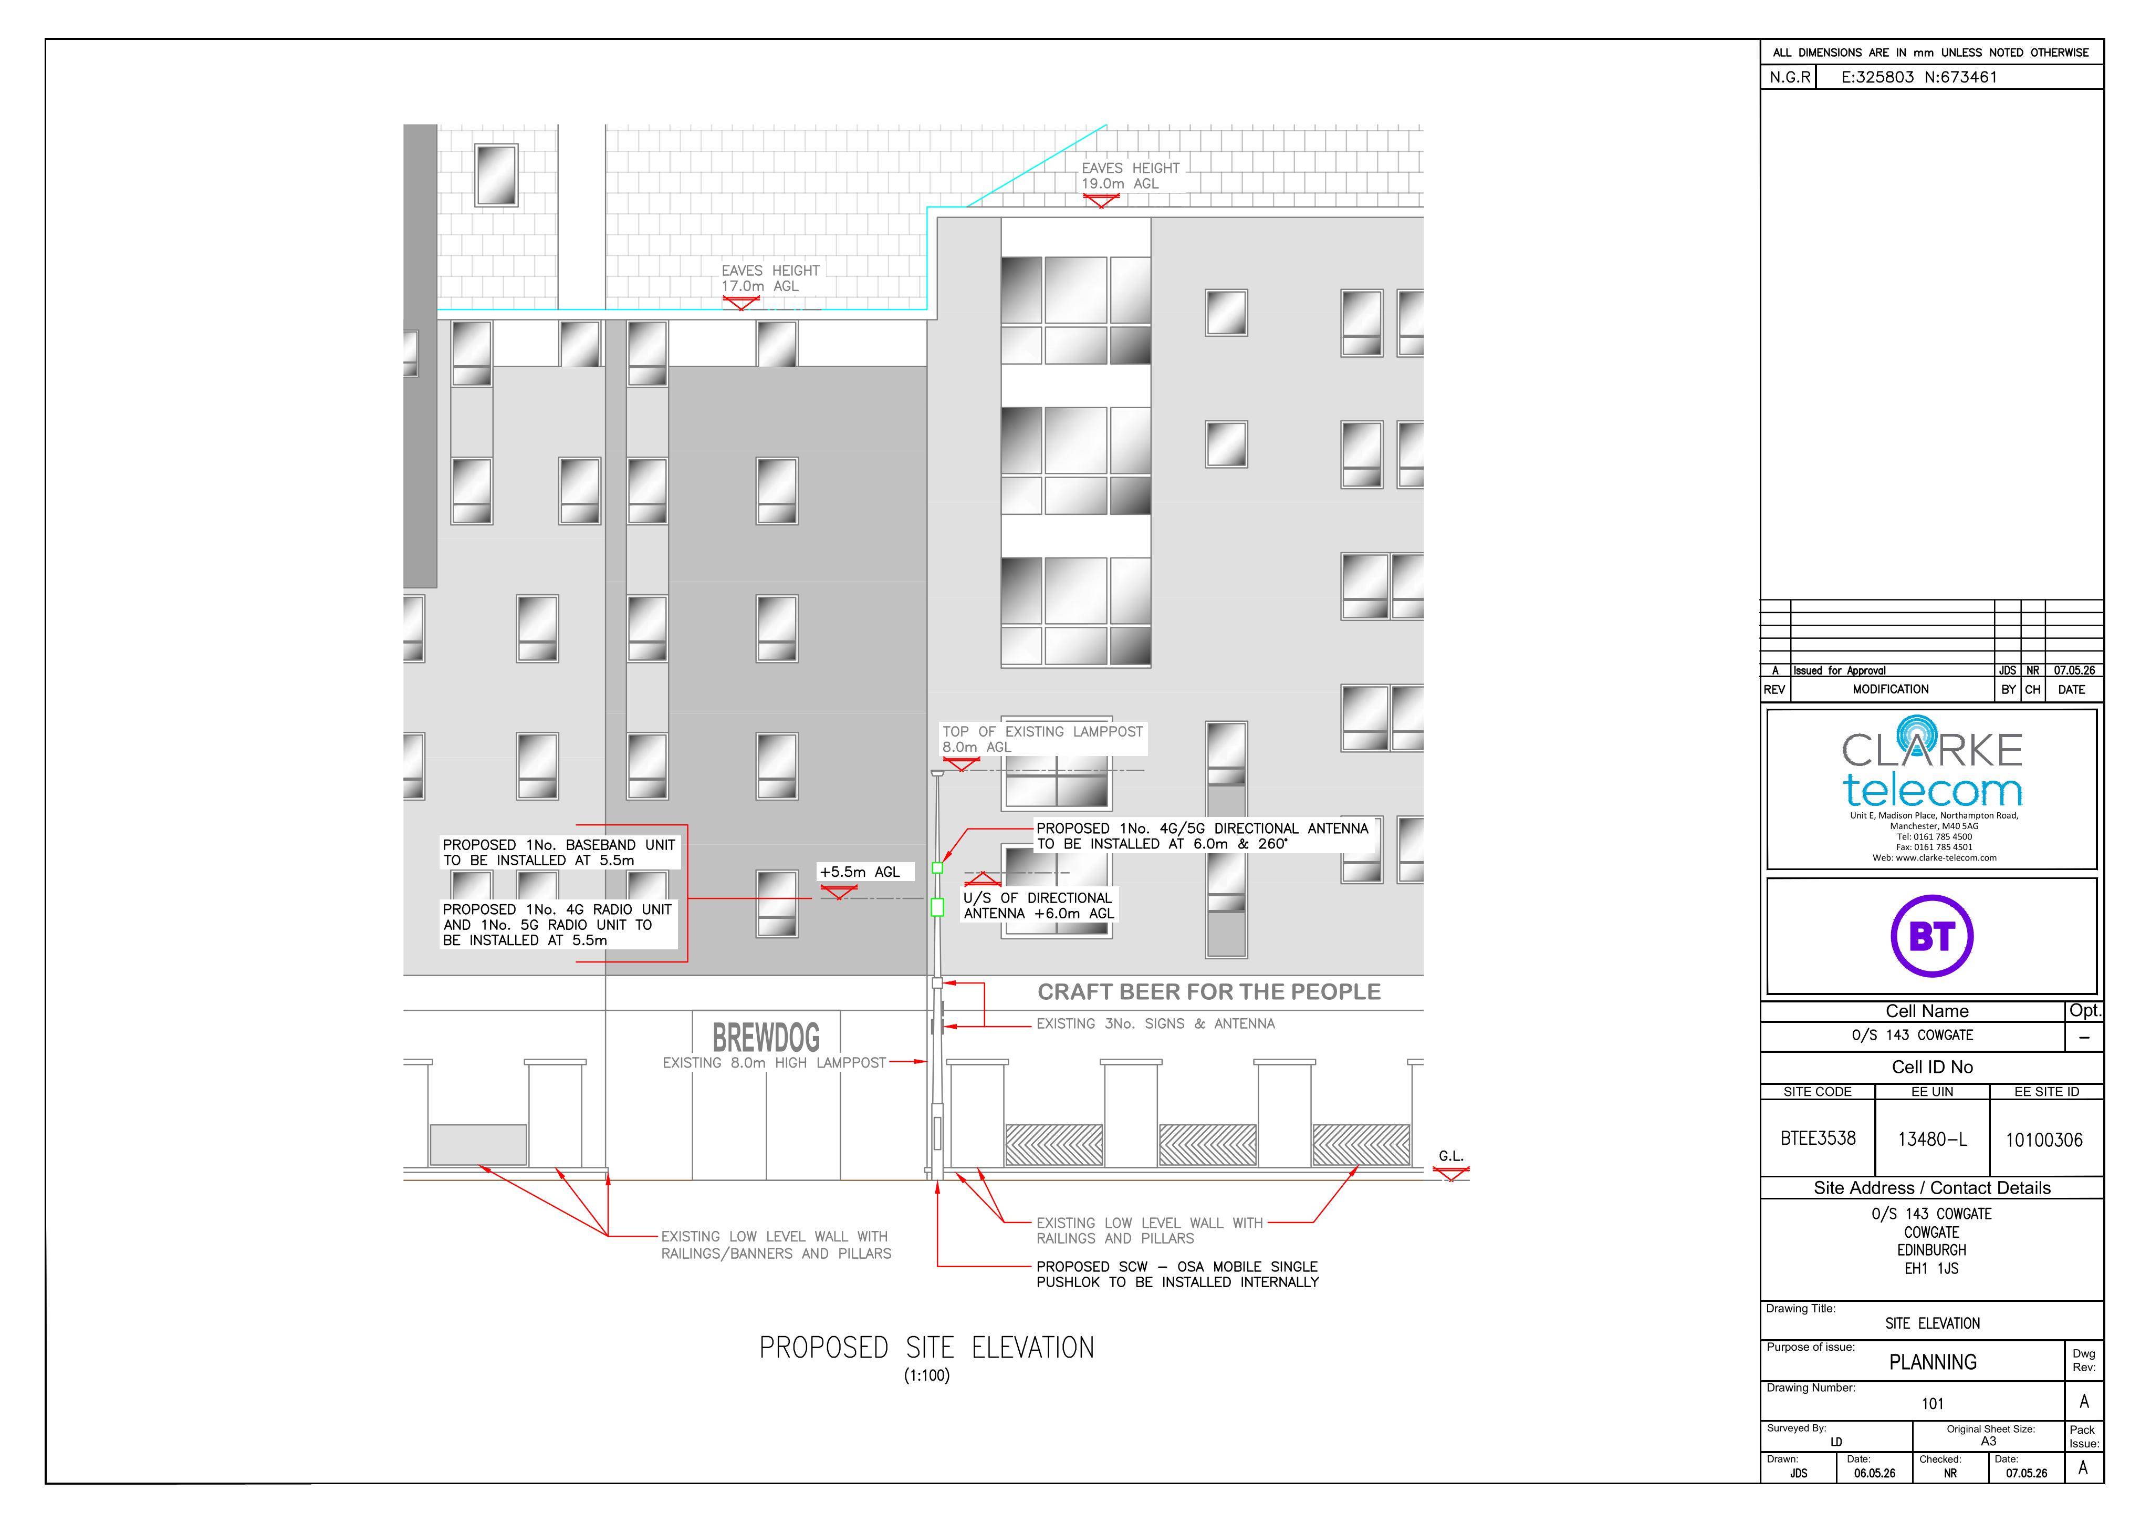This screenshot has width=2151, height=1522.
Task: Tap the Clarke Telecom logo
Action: click(1932, 787)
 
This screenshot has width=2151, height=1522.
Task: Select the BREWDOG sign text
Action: click(766, 1038)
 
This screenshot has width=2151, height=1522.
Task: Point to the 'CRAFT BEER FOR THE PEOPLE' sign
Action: click(1208, 991)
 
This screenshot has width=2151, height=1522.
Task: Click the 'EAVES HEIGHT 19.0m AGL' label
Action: click(1130, 175)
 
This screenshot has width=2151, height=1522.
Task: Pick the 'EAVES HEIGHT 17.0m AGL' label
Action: click(770, 278)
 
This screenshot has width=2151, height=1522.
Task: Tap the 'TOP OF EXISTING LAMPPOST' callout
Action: click(1043, 739)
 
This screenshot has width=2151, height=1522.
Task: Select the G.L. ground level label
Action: click(1450, 1156)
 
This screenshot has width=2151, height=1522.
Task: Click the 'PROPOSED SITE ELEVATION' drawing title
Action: click(926, 1348)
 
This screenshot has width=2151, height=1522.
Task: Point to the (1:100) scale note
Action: click(926, 1376)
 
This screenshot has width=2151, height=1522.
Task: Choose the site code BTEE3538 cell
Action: click(1818, 1138)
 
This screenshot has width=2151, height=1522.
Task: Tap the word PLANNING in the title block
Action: click(1933, 1362)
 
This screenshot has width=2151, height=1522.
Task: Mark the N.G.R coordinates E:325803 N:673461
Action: click(1919, 77)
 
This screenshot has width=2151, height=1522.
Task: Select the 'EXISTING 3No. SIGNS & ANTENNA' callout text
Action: click(1155, 1023)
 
